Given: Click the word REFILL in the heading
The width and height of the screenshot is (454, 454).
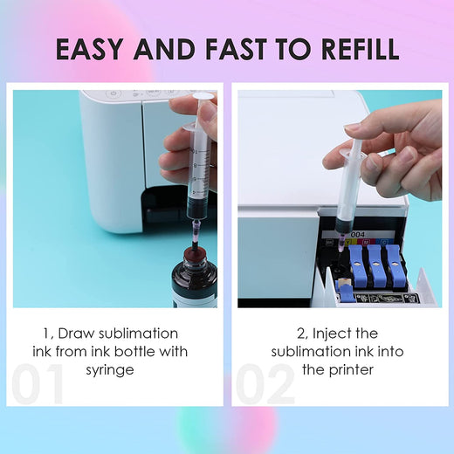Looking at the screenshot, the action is pos(361,49).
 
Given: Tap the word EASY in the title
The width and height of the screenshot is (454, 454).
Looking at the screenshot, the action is pos(89,49).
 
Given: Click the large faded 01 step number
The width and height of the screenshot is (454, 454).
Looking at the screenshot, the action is pos(38,383).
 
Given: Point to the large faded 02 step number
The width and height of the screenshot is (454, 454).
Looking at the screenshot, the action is pos(265,383).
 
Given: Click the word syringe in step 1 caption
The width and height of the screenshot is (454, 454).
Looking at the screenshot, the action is pos(110,371).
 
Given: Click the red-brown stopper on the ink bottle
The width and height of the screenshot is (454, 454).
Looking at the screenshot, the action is pos(195,251).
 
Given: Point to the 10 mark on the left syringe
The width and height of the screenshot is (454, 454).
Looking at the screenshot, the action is pos(195,151).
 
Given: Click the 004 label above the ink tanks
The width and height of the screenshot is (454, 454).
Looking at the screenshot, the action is pos(358,235).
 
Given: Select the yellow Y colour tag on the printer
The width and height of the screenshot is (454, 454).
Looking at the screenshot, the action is pos(347,242).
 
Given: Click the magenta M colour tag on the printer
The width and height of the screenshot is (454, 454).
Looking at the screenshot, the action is pos(366,242).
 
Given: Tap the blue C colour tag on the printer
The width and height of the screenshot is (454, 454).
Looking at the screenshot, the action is pos(384,242).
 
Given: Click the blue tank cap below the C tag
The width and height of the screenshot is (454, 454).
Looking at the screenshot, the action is pos(395,265).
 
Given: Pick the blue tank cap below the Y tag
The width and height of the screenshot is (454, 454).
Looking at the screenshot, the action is pos(358,265).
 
